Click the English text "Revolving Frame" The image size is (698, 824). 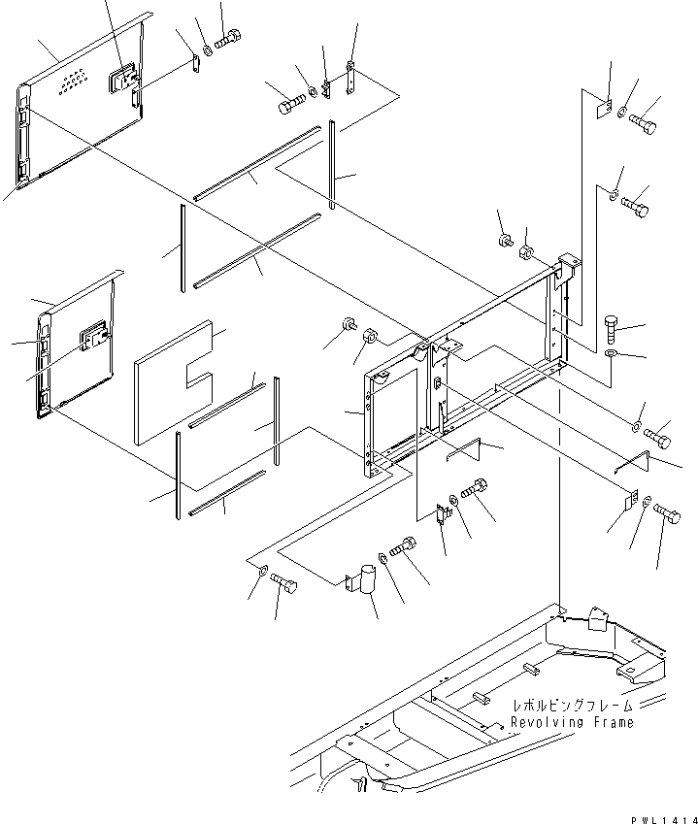tap(572, 722)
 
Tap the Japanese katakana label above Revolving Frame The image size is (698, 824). tap(573, 706)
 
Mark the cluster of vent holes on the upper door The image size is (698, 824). tap(71, 83)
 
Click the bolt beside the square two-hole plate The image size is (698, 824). tap(642, 123)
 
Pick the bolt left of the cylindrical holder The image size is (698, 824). tap(284, 583)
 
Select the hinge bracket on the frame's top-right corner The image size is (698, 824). tap(568, 266)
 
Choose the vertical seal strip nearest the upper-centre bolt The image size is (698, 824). tap(333, 165)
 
